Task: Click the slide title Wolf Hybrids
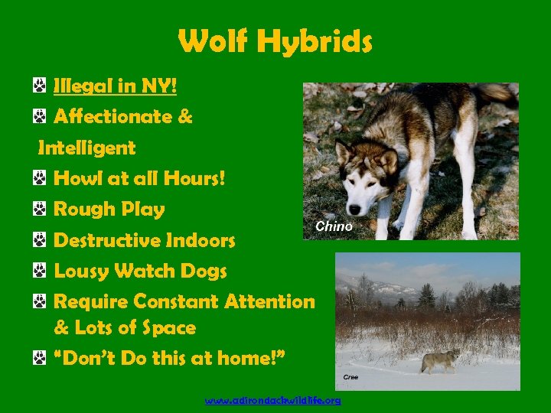tap(275, 41)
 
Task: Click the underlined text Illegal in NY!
tap(115, 86)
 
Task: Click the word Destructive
tap(107, 241)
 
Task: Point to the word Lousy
tap(81, 271)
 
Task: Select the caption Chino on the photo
tap(334, 226)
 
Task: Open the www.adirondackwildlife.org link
tap(273, 401)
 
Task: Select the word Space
tap(169, 328)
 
